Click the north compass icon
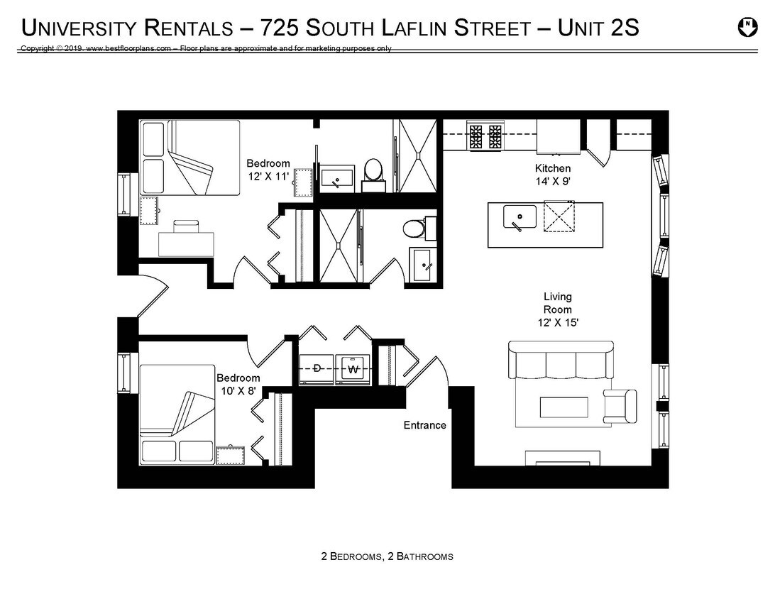pyautogui.click(x=747, y=28)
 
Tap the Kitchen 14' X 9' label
pyautogui.click(x=553, y=175)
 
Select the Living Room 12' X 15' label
pyautogui.click(x=558, y=309)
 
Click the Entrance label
pyautogui.click(x=424, y=425)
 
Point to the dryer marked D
pyautogui.click(x=317, y=368)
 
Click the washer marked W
pyautogui.click(x=353, y=369)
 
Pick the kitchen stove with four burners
pyautogui.click(x=485, y=136)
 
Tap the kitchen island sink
pyautogui.click(x=520, y=216)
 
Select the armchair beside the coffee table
pyautogui.click(x=621, y=405)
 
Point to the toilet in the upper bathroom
pyautogui.click(x=373, y=170)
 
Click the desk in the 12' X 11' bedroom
pyautogui.click(x=186, y=241)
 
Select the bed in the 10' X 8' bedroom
pyautogui.click(x=177, y=415)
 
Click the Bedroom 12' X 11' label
pyautogui.click(x=268, y=170)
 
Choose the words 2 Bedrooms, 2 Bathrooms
pyautogui.click(x=387, y=556)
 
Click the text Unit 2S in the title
pyautogui.click(x=598, y=28)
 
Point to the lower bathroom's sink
pyautogui.click(x=425, y=265)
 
